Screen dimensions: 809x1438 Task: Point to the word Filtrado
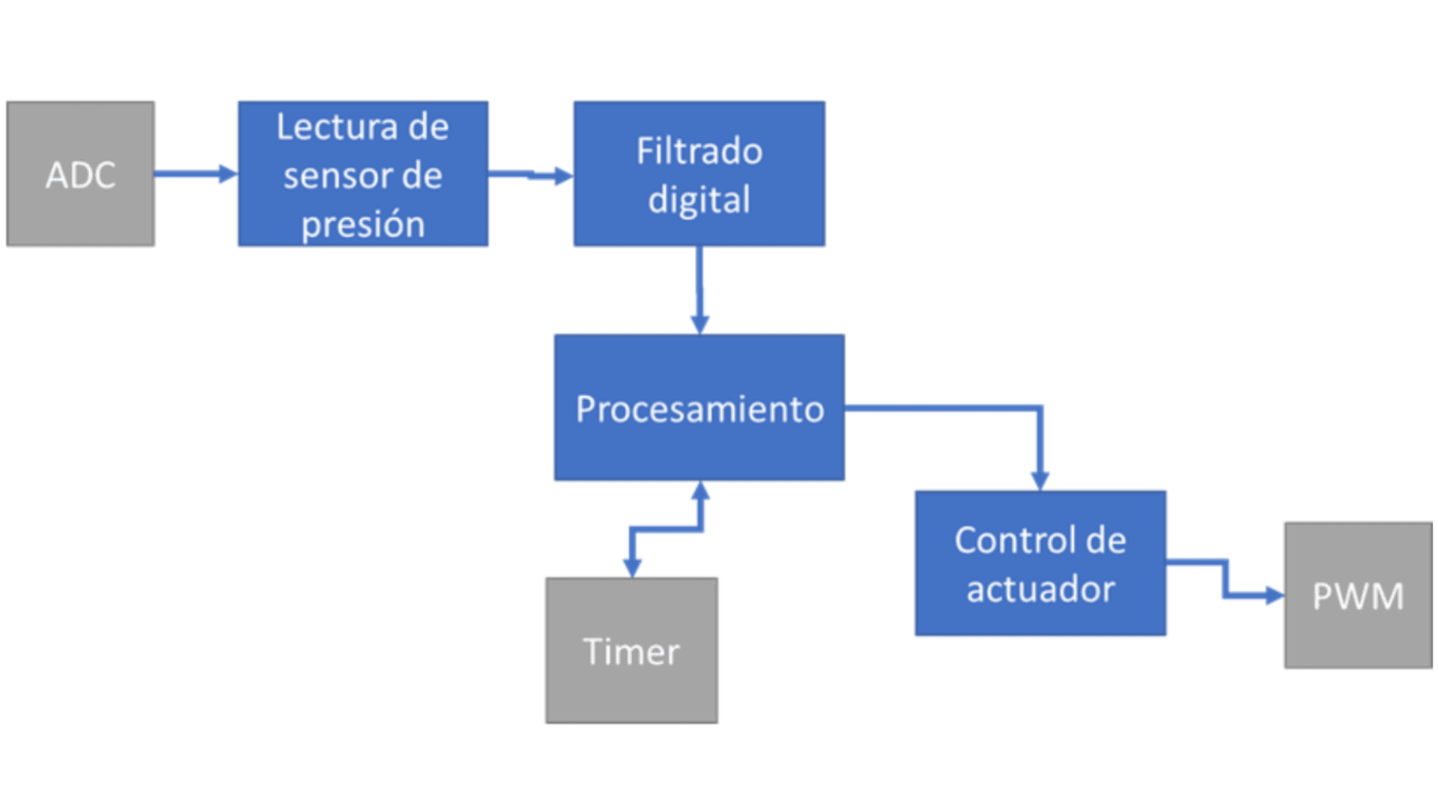point(699,151)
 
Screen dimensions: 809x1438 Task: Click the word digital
point(699,200)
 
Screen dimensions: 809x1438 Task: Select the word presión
point(363,225)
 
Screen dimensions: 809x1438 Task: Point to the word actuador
point(1040,589)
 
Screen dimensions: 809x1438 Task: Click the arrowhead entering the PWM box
point(1274,596)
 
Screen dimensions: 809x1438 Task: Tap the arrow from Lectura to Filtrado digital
point(530,175)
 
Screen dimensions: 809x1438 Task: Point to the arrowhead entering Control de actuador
point(1040,480)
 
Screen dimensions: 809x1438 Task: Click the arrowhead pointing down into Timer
point(632,567)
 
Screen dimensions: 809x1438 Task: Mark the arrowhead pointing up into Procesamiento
point(700,491)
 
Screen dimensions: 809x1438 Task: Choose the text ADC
point(80,176)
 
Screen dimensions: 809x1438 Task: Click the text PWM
point(1358,597)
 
